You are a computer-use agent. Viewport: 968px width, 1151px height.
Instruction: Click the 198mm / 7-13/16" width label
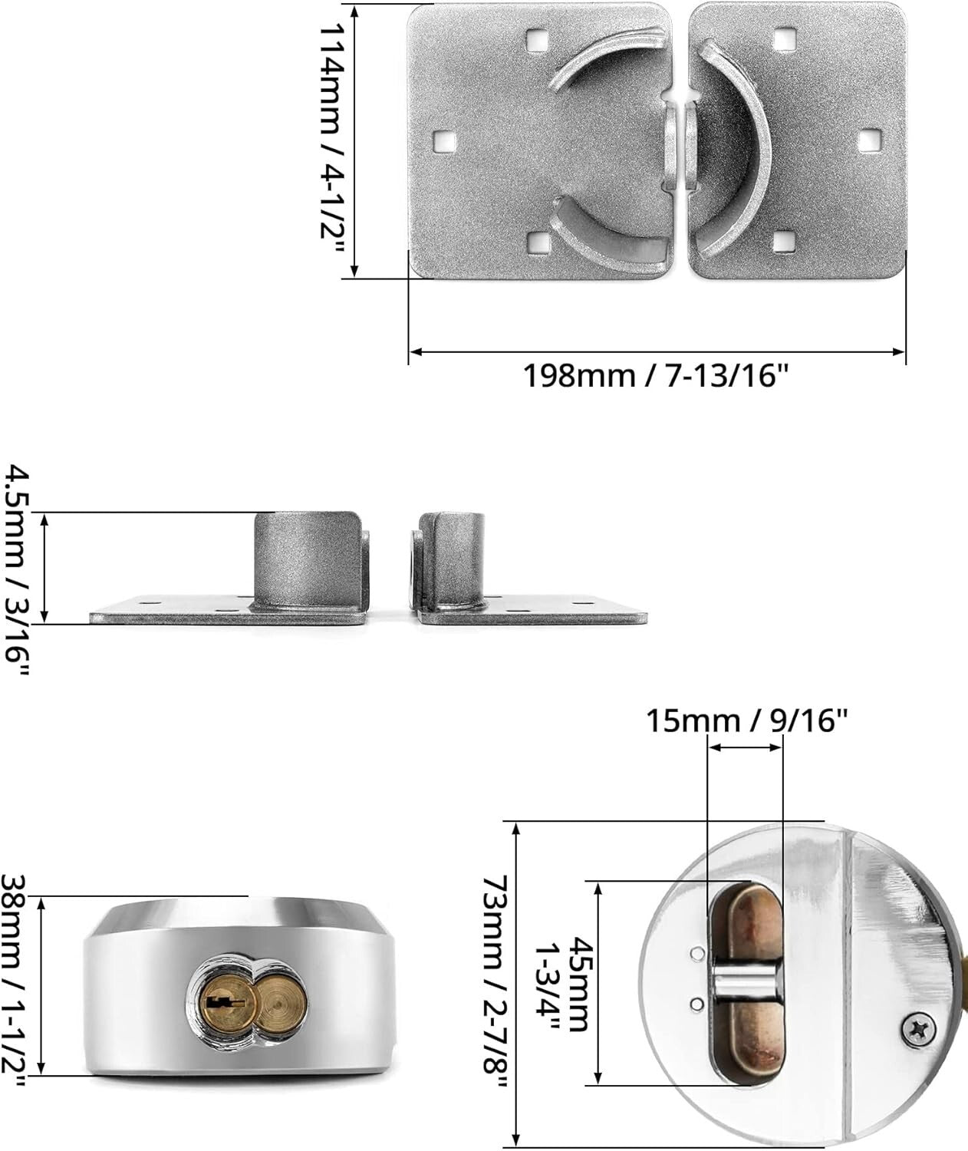[656, 376]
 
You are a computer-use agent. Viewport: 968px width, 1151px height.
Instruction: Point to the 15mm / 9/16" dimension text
[746, 721]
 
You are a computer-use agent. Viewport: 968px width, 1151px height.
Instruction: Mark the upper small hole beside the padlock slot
[696, 954]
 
